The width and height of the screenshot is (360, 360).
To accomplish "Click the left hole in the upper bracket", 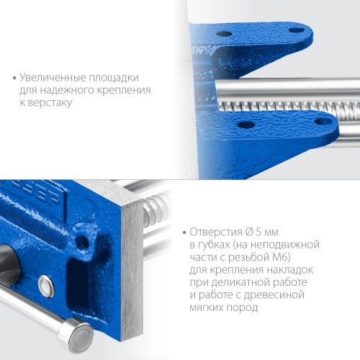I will pos(225,34).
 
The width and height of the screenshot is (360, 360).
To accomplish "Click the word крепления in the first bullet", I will pos(130,90).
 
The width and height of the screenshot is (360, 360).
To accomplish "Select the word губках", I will pos(215,245).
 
